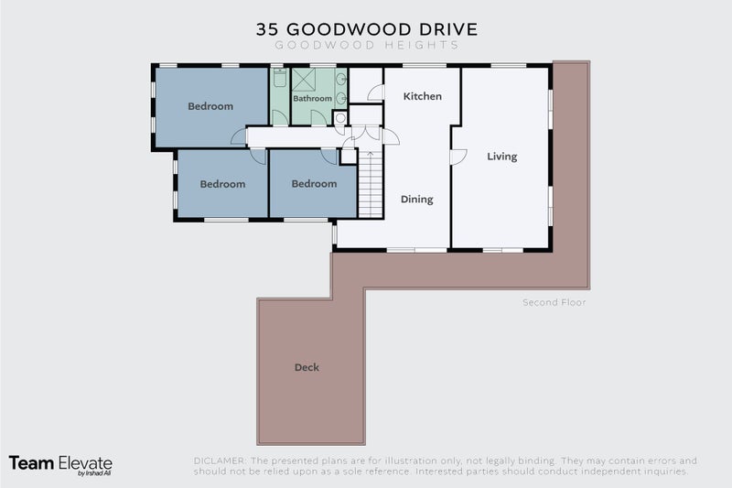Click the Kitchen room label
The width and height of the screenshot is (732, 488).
423,96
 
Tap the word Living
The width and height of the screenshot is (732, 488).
501,157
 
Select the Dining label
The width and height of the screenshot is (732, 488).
416,199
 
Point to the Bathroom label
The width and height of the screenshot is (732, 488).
312,98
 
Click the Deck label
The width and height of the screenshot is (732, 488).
307,367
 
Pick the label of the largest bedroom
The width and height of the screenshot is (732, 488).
210,106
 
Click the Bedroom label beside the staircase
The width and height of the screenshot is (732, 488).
314,183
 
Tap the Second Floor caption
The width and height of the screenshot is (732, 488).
554,302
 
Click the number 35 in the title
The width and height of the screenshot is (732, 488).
268,29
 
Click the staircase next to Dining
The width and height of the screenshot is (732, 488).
369,187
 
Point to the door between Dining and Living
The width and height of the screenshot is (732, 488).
455,157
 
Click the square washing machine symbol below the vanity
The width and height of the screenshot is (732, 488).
339,117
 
